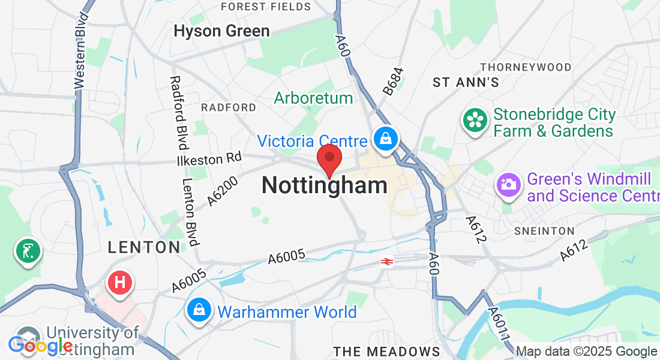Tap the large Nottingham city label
324,185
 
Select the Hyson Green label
221,31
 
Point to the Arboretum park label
313,98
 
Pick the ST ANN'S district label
466,83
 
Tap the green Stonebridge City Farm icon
475,121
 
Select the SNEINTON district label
544,231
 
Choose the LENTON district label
144,247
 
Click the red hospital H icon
119,281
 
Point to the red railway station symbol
387,262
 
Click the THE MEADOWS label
387,351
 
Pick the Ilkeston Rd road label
209,159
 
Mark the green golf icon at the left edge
28,250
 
